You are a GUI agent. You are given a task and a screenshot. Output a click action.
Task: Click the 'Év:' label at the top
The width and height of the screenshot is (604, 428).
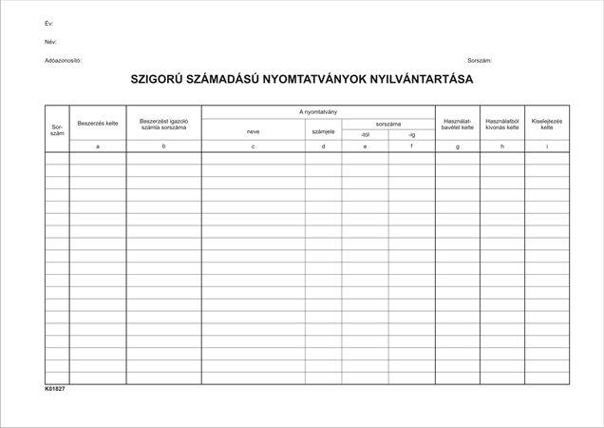tap(48, 22)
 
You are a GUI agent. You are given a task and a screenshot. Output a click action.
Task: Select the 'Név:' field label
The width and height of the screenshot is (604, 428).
tap(50, 42)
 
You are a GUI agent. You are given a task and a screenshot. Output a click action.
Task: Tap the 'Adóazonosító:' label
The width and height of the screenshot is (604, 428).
tap(63, 60)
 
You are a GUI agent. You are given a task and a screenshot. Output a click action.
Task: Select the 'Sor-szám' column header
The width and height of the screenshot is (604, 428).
tap(56, 127)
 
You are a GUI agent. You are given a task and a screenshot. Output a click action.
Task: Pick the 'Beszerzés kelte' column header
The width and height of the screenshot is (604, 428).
tap(98, 123)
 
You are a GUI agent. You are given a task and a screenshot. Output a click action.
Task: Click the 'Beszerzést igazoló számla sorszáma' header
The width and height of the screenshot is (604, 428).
tap(163, 124)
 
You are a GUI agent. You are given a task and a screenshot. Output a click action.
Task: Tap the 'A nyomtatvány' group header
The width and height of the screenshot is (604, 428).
tap(318, 112)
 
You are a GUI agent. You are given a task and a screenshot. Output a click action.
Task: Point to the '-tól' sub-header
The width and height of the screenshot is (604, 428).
tap(365, 135)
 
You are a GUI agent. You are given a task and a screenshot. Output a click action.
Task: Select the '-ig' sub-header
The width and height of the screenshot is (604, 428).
tap(411, 135)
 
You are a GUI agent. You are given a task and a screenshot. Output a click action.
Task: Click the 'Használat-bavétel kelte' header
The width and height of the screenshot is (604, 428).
tap(458, 124)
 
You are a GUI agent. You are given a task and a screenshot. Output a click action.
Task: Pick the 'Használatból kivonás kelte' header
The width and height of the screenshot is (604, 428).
tap(501, 124)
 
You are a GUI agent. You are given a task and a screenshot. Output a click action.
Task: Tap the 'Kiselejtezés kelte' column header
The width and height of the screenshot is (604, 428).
tap(546, 124)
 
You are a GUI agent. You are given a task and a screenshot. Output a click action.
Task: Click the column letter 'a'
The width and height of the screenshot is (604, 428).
tap(98, 146)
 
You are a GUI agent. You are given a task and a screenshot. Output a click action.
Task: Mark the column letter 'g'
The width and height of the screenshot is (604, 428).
tap(458, 146)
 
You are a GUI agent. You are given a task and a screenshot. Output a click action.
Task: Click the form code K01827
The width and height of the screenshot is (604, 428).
tap(54, 389)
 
